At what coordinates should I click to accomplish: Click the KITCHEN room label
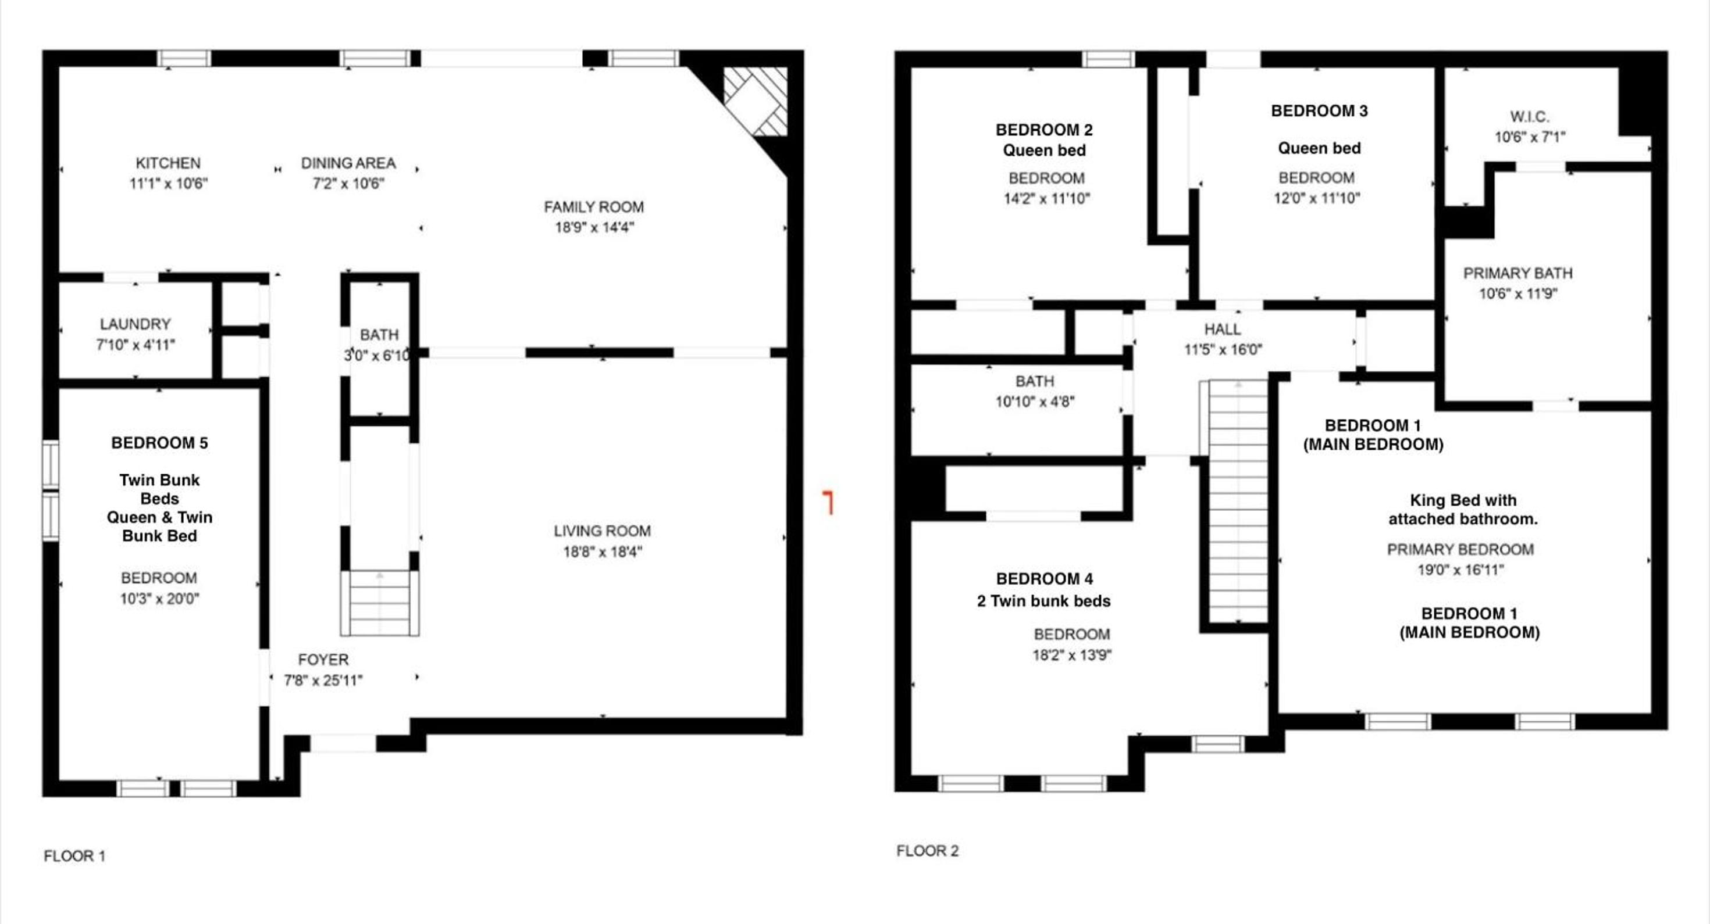tap(168, 163)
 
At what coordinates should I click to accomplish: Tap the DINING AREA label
tap(348, 163)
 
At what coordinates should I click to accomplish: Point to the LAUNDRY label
tap(136, 324)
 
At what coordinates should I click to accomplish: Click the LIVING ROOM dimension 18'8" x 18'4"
tap(603, 552)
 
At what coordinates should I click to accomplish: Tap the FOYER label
tap(323, 660)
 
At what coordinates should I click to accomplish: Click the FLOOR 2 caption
tap(927, 851)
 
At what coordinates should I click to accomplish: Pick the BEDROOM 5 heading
tap(159, 443)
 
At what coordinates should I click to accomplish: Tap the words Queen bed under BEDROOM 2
tap(1044, 151)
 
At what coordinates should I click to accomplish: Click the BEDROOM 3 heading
tap(1320, 111)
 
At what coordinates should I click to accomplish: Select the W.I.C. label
tap(1530, 117)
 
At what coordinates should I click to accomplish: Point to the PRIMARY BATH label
tap(1518, 273)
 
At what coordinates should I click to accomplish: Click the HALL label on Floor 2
tap(1223, 329)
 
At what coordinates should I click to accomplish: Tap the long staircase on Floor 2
tap(1239, 502)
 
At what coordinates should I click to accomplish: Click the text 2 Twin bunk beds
tap(1043, 601)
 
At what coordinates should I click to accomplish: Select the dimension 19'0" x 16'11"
tap(1460, 570)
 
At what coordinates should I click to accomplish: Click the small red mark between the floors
tap(829, 503)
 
